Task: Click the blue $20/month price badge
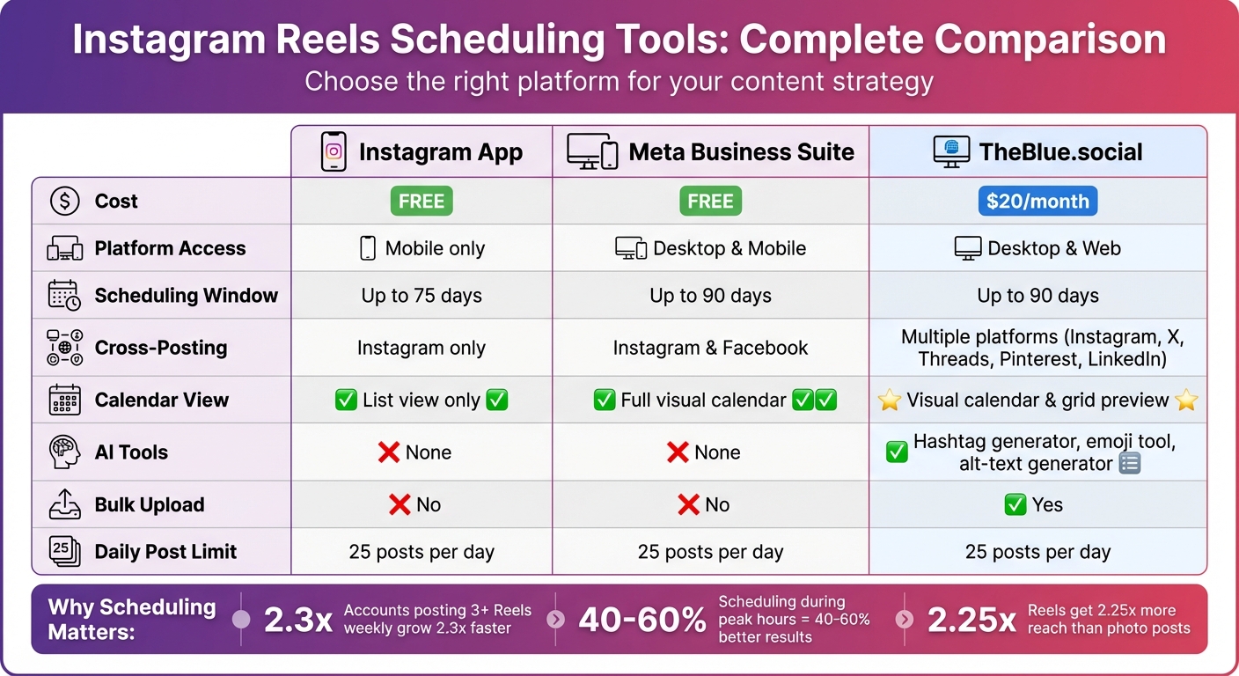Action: point(1037,202)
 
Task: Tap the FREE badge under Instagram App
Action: point(422,202)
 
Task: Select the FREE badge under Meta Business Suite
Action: point(710,202)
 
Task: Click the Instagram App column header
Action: point(422,151)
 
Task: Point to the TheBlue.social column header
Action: point(1037,151)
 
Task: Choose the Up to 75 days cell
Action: point(422,296)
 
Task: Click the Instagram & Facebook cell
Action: point(710,348)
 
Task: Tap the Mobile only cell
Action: point(422,248)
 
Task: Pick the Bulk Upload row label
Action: point(150,505)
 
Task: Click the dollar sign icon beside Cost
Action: point(64,202)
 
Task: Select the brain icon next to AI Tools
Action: point(64,452)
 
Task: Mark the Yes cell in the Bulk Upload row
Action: point(1034,505)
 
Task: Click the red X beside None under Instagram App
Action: point(388,452)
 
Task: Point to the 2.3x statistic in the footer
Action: point(298,621)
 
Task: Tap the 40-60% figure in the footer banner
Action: point(641,621)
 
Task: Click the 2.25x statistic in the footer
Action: point(971,621)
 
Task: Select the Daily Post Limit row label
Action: point(165,552)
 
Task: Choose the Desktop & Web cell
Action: point(1037,248)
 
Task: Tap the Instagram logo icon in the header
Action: point(334,151)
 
